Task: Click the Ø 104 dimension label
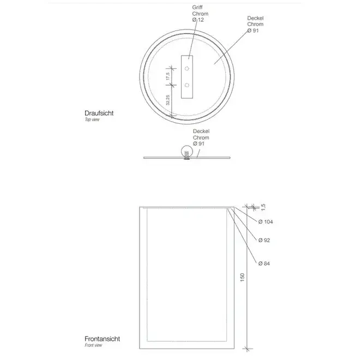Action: pos(266,222)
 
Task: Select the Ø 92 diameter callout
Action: pos(264,241)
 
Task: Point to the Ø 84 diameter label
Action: pos(264,263)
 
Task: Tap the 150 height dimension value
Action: pos(242,277)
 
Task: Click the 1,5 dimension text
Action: pos(263,207)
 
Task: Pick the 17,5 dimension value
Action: pos(167,76)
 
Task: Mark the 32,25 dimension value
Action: pos(167,100)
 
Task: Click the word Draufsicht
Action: pos(99,113)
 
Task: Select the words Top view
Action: pos(92,119)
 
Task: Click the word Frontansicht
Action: pos(102,339)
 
